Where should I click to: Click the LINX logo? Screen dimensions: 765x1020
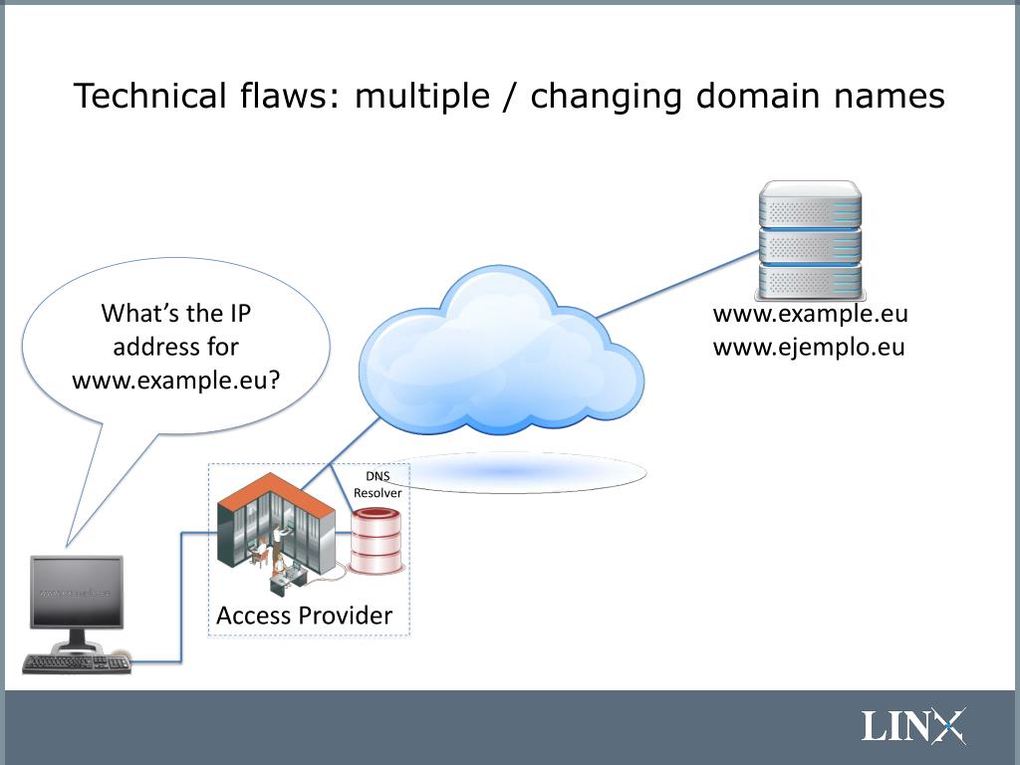[912, 725]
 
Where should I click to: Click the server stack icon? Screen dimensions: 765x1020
[809, 240]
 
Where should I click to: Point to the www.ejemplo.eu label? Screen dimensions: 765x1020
[809, 348]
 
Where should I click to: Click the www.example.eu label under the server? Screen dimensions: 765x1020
[810, 315]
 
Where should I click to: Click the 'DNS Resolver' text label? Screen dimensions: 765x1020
[378, 484]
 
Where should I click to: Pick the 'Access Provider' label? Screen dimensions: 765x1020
[304, 616]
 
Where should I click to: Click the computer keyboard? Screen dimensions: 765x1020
[76, 663]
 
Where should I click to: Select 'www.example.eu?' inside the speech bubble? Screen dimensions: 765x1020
[175, 380]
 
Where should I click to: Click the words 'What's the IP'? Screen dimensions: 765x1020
[175, 314]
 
